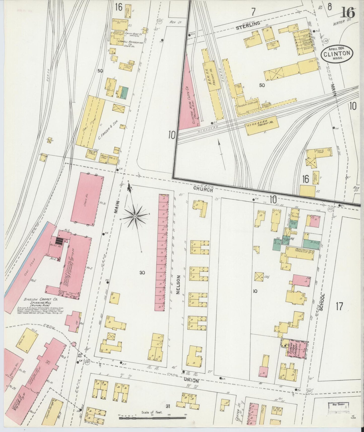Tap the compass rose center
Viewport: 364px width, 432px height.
click(135, 216)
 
